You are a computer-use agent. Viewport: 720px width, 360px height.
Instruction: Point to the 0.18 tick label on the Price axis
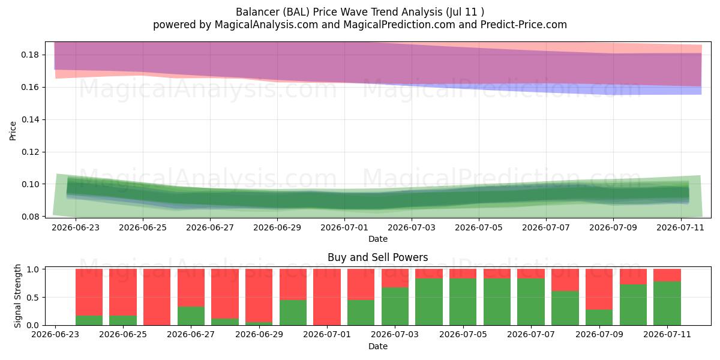[30, 55]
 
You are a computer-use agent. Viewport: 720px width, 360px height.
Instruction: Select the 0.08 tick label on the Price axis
[30, 217]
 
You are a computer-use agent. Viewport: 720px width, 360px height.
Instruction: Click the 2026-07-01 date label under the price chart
[344, 227]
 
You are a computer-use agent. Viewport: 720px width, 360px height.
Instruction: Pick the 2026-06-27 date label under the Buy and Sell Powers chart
[191, 334]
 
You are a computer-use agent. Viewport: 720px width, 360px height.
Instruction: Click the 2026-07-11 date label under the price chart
[680, 227]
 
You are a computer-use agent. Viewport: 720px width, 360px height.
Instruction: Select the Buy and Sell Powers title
[377, 257]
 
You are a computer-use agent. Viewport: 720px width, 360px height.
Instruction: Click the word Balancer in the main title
[258, 12]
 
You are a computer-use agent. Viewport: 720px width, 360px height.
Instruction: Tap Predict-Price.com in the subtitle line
[524, 25]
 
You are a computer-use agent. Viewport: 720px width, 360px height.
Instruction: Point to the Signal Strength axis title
[17, 296]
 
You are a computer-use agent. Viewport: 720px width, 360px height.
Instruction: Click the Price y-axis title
[13, 131]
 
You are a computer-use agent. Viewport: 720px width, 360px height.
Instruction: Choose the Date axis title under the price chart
[377, 239]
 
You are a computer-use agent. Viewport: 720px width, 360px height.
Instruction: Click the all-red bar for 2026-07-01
[327, 297]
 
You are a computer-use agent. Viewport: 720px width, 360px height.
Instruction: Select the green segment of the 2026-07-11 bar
[667, 303]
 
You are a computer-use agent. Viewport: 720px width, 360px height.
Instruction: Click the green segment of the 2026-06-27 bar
[191, 316]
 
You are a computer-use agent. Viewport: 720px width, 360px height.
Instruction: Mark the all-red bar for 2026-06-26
[157, 297]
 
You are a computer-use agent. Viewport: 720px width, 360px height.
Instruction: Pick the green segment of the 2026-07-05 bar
[463, 302]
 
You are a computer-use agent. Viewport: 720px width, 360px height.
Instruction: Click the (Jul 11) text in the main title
[465, 12]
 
